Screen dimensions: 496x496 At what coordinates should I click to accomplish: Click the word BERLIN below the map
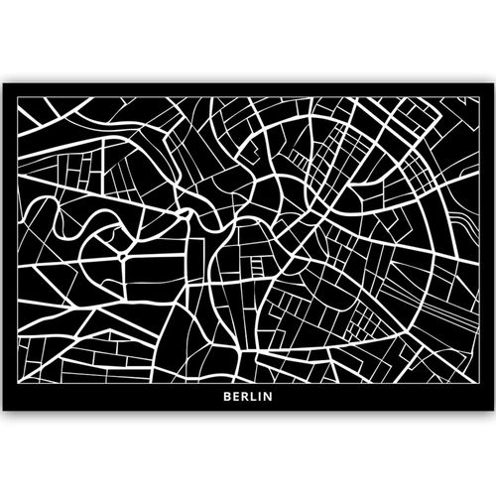(248, 401)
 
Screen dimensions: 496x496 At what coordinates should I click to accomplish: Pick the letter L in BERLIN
(253, 401)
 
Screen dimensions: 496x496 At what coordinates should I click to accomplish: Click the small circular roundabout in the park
(122, 254)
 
